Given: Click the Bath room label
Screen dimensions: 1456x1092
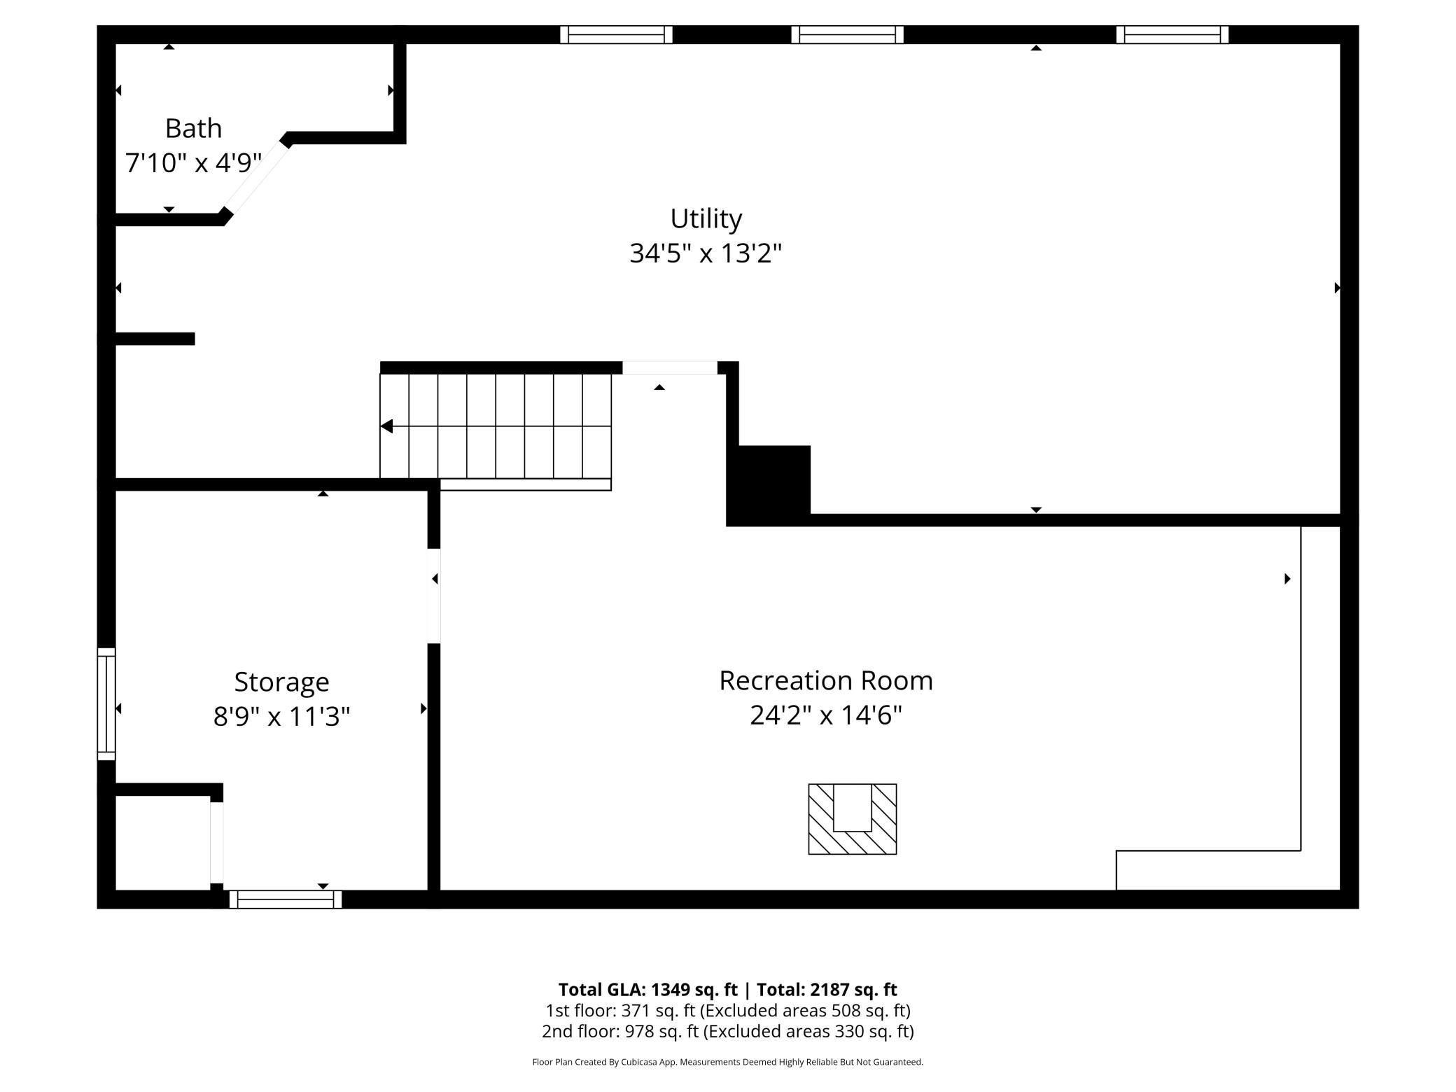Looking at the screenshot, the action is pos(193,129).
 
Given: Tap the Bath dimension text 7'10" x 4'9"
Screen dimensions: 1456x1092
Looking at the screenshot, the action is pos(193,163).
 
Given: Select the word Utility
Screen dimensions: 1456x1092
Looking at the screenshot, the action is pos(706,219).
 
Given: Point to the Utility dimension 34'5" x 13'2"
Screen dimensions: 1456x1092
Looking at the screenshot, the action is pos(706,253).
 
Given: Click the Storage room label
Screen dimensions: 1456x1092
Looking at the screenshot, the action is pos(281,682).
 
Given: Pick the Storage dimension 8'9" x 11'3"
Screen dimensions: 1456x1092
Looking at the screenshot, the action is pos(281,717).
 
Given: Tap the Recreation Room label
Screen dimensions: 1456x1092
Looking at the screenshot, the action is pos(826,680).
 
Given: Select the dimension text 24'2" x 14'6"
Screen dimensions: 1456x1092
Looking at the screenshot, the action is pos(826,715).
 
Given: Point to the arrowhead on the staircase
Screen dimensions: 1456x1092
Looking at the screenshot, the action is pos(386,426).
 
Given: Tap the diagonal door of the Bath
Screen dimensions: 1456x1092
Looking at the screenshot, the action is pos(256,178).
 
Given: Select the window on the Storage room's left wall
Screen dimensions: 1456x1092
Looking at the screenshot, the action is pos(106,703).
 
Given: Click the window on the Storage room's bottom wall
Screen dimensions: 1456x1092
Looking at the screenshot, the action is pos(286,899).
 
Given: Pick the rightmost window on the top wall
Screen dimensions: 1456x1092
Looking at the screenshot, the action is pos(1172,34).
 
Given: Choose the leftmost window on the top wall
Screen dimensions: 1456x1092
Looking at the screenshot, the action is pos(616,34).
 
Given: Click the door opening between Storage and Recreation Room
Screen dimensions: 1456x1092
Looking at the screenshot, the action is pos(434,596).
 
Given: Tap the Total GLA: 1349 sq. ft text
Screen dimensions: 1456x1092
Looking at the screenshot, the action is pos(647,989).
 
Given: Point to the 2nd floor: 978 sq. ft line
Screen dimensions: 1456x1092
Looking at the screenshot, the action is pos(728,1031).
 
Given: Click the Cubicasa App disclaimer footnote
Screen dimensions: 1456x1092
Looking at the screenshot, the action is pos(728,1062).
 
